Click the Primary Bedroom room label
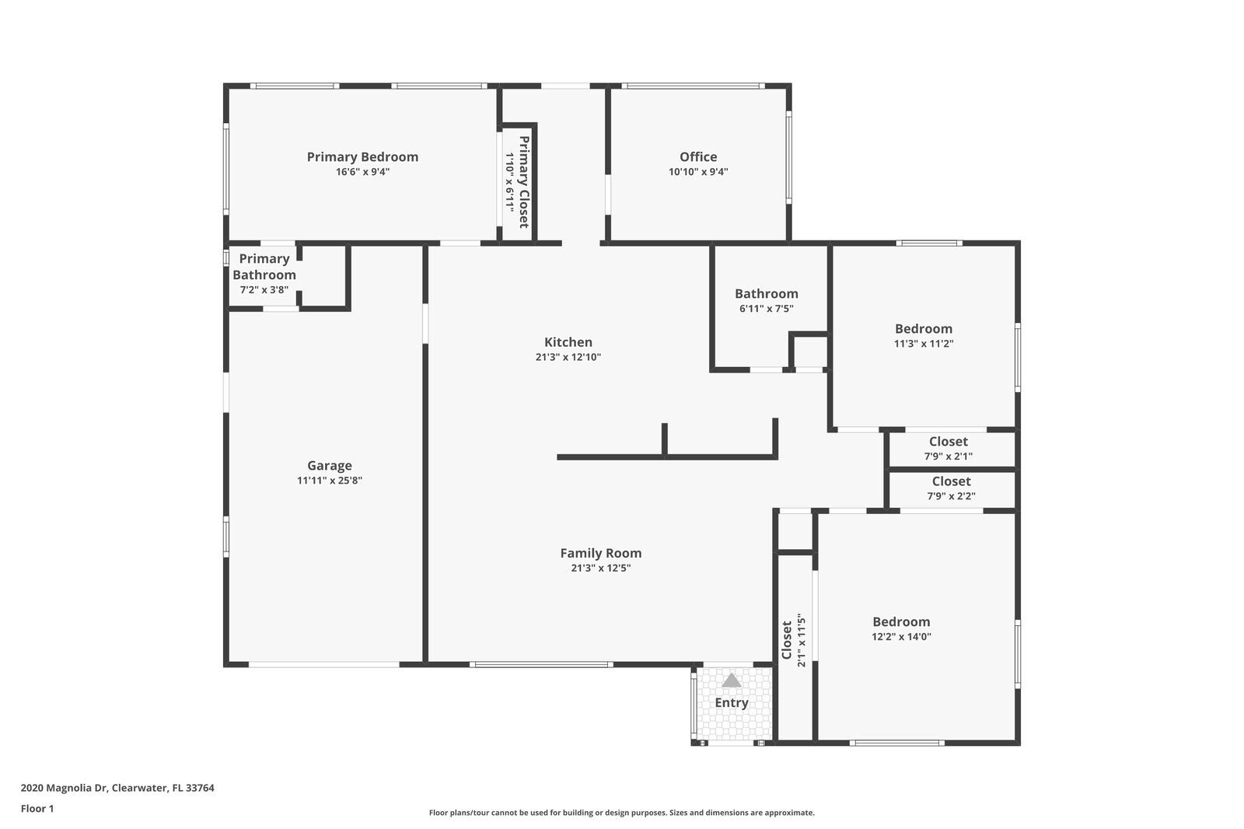pyautogui.click(x=362, y=157)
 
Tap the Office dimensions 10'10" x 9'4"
pyautogui.click(x=698, y=172)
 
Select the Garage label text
pyautogui.click(x=330, y=466)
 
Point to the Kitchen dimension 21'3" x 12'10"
pyautogui.click(x=568, y=357)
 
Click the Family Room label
pyautogui.click(x=601, y=553)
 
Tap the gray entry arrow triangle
pyautogui.click(x=732, y=680)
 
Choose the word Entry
pyautogui.click(x=732, y=703)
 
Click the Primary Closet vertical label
pyautogui.click(x=524, y=182)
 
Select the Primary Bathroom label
pyautogui.click(x=264, y=267)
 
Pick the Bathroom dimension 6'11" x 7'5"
pyautogui.click(x=767, y=309)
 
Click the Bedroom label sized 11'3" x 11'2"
pyautogui.click(x=924, y=329)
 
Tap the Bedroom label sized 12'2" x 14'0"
pyautogui.click(x=901, y=621)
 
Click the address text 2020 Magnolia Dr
pyautogui.click(x=117, y=788)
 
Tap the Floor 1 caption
pyautogui.click(x=37, y=809)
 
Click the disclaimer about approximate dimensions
pyautogui.click(x=622, y=813)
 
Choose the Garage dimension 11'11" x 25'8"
pyautogui.click(x=330, y=481)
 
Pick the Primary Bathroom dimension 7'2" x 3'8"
pyautogui.click(x=264, y=290)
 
